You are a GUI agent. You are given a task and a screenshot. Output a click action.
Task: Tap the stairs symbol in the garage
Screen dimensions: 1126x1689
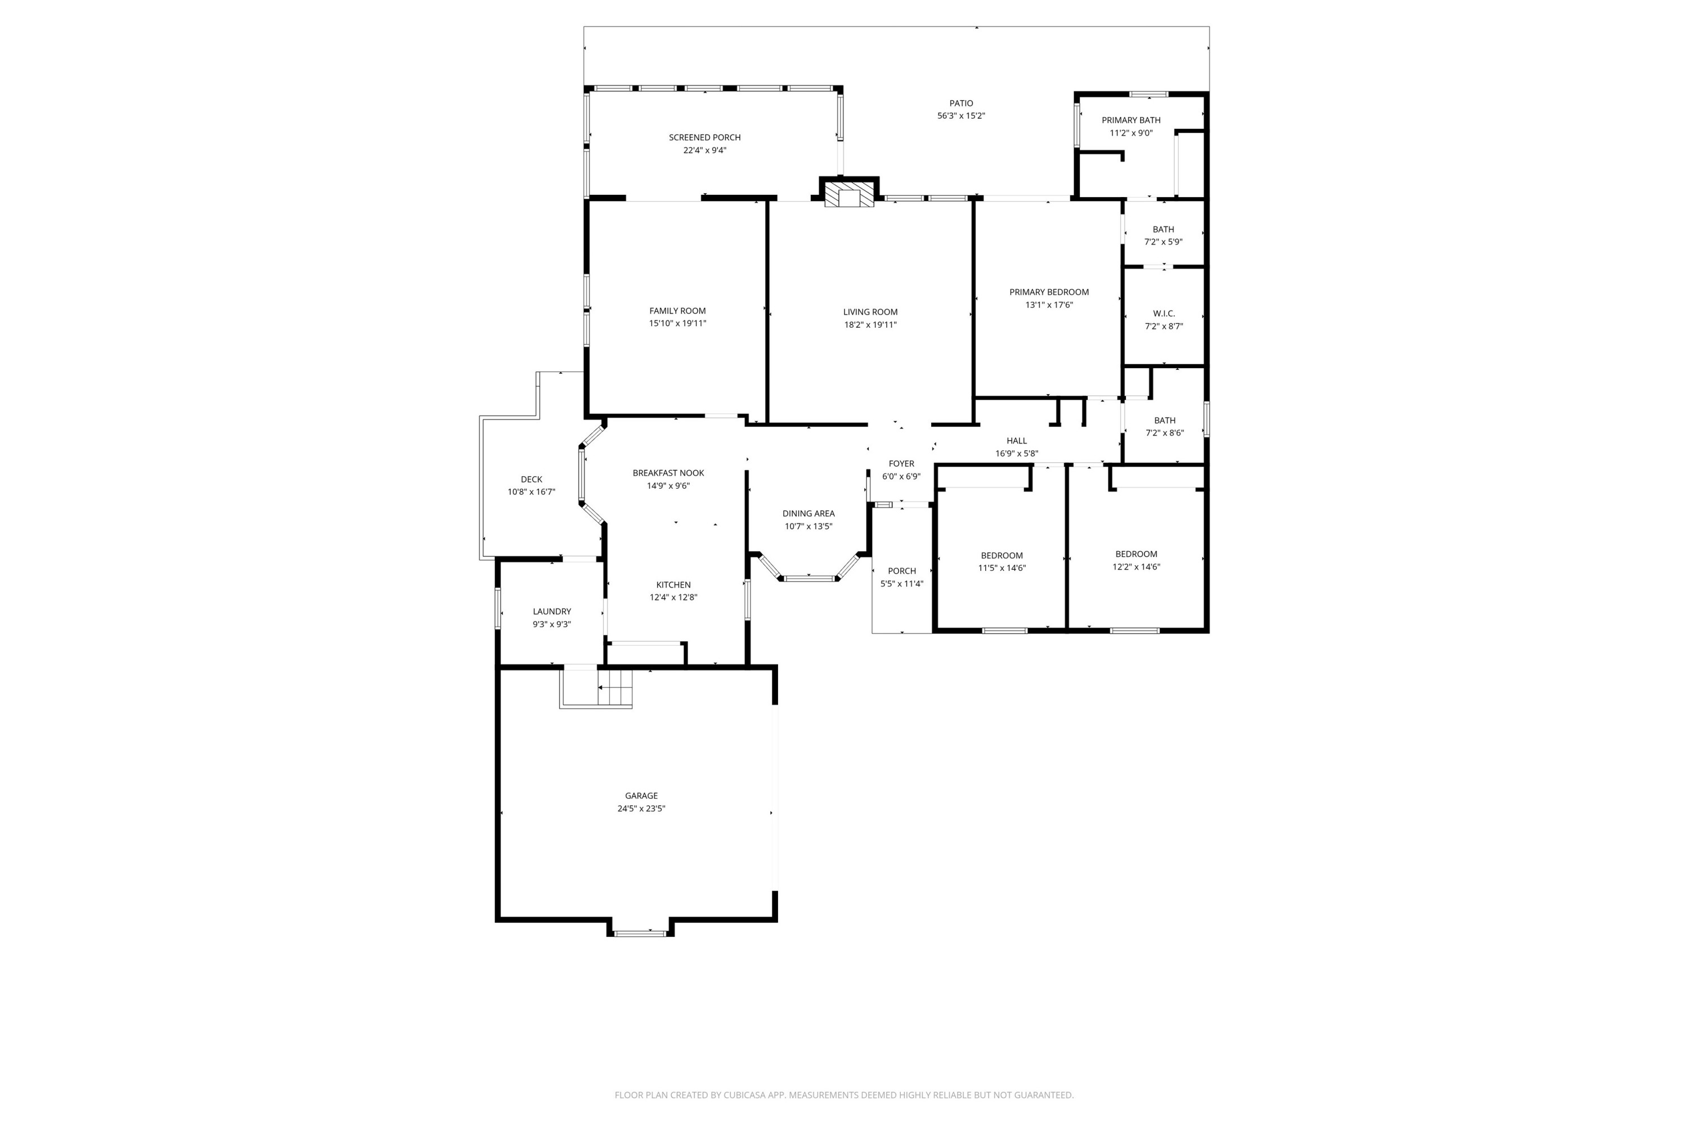pos(615,687)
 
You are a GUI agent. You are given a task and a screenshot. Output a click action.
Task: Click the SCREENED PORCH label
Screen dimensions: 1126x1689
pos(704,137)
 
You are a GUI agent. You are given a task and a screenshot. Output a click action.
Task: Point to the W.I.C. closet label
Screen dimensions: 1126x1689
pos(1163,314)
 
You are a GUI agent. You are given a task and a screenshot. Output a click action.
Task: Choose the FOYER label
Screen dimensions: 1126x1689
pos(901,464)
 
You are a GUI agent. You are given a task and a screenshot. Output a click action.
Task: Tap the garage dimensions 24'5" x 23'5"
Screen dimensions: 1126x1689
pos(641,808)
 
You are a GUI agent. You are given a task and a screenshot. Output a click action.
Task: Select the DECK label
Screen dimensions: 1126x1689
pos(531,480)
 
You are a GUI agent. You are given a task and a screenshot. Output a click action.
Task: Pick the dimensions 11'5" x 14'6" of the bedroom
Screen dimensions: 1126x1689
pos(1002,568)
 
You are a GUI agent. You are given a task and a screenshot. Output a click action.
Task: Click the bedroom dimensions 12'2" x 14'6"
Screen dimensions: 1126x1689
pos(1136,566)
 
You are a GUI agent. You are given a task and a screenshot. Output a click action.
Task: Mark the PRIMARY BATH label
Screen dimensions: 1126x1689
pos(1131,120)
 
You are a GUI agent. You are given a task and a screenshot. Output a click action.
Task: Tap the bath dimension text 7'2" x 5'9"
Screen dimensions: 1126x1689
pos(1163,242)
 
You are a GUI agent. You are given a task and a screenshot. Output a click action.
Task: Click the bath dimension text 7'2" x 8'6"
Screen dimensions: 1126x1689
pos(1164,433)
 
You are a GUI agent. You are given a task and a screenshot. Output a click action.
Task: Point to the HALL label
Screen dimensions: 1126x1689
pos(1016,441)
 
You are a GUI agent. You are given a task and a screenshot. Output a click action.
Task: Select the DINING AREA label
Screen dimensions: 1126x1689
pos(808,513)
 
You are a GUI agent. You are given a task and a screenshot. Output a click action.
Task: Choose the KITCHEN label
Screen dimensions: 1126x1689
pos(673,584)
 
